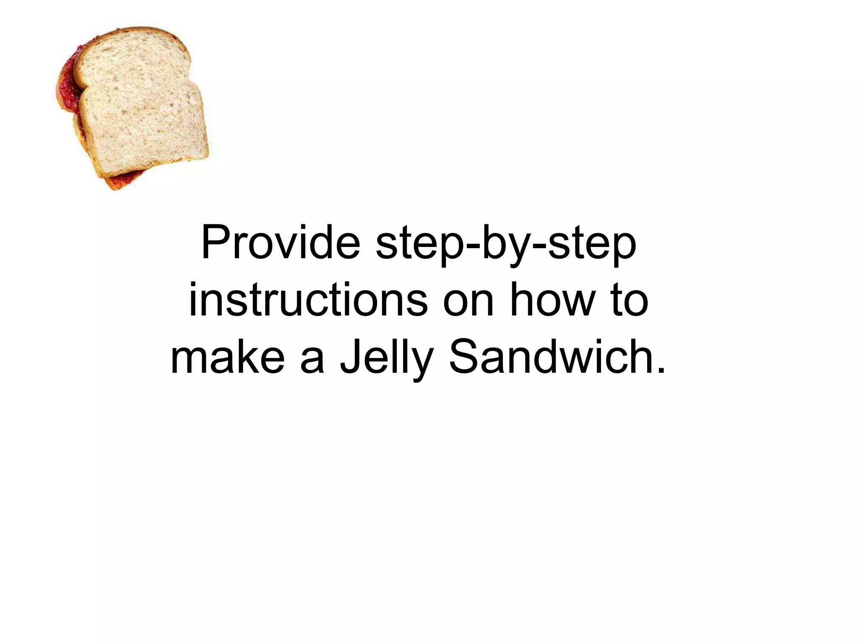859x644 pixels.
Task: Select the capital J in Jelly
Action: click(x=350, y=357)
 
